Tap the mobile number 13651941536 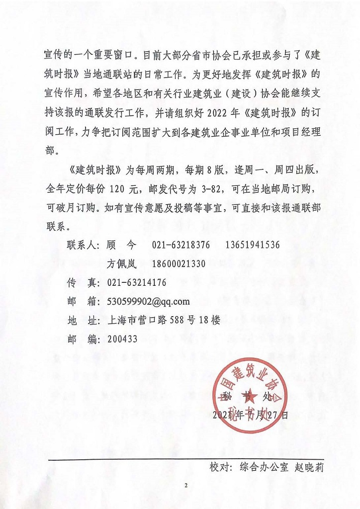(253, 245)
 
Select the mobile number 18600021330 (173, 264)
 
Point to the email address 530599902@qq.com (148, 301)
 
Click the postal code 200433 (122, 339)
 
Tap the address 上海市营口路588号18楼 (163, 320)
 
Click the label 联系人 (83, 245)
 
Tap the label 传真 (81, 283)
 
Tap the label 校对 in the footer (221, 468)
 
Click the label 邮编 (81, 339)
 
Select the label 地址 (81, 320)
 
